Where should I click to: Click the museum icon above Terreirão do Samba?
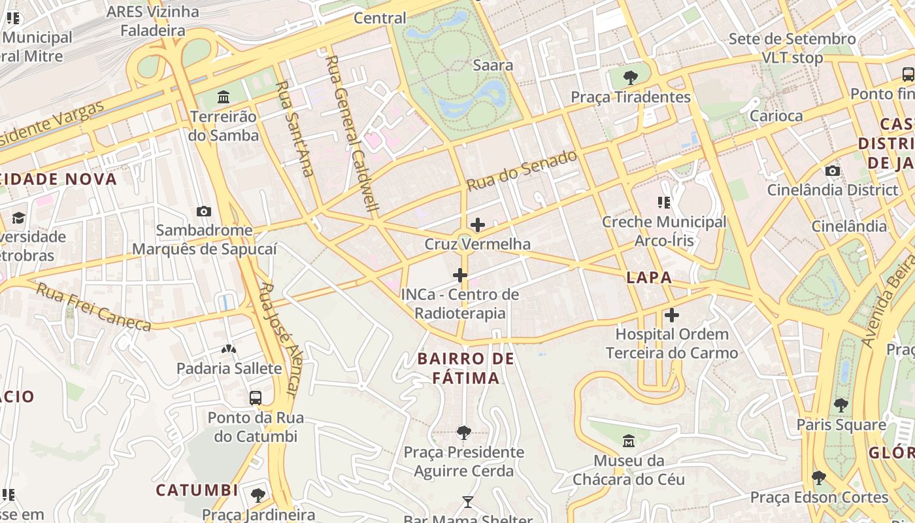(224, 97)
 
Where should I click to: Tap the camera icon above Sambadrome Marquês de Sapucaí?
(204, 211)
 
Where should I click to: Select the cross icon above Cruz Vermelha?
(478, 226)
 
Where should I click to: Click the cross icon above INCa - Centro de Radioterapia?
(460, 275)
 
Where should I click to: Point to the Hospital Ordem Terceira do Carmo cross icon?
(672, 316)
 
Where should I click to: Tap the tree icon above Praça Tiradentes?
(631, 78)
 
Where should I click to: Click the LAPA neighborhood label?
(649, 277)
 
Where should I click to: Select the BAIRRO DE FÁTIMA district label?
(466, 368)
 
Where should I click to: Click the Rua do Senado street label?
(522, 171)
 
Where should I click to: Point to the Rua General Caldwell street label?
(353, 135)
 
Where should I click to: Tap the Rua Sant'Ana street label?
(294, 128)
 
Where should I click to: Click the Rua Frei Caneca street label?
(93, 307)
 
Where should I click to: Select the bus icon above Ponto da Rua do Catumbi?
(256, 397)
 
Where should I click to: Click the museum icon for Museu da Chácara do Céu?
(629, 441)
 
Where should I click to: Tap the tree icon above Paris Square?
(841, 405)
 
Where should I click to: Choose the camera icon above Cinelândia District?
(833, 171)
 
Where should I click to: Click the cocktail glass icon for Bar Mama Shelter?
(467, 502)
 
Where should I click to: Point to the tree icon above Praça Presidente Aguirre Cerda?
(463, 432)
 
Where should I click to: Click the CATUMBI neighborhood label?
(197, 490)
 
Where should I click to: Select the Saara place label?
(493, 65)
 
